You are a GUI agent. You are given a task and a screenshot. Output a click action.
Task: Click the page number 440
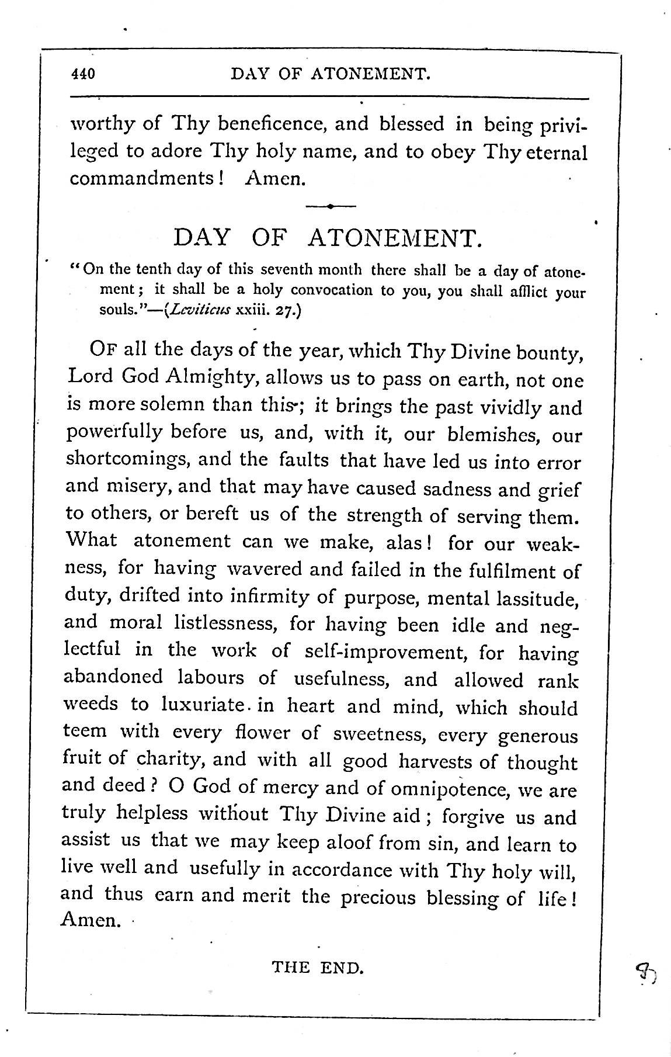(82, 74)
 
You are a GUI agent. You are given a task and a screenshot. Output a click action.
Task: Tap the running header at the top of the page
(331, 74)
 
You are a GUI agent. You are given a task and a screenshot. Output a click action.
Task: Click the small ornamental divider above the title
(330, 206)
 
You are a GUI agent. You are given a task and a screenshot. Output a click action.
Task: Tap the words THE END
(318, 967)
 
